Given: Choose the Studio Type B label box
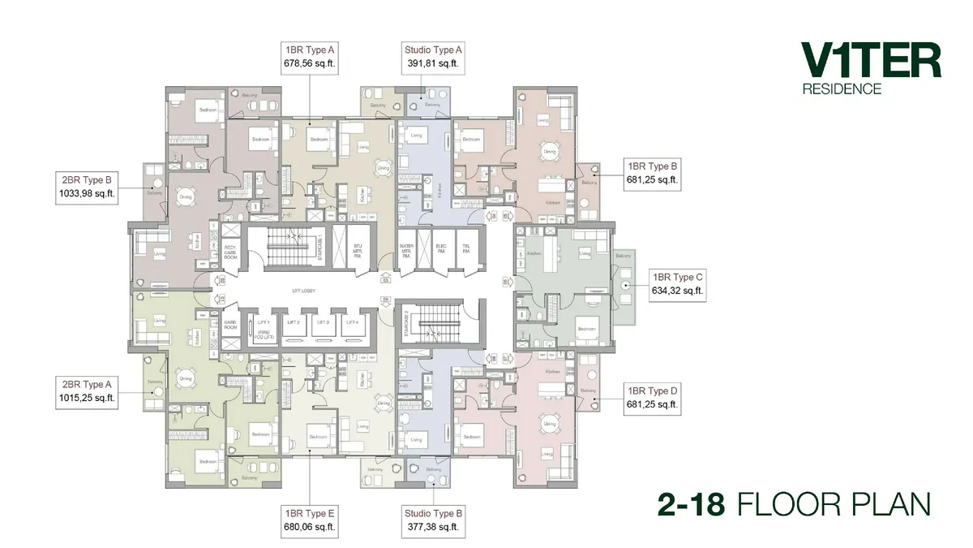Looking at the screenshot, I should point(432,520).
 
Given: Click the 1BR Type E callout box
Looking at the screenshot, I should point(309,520).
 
